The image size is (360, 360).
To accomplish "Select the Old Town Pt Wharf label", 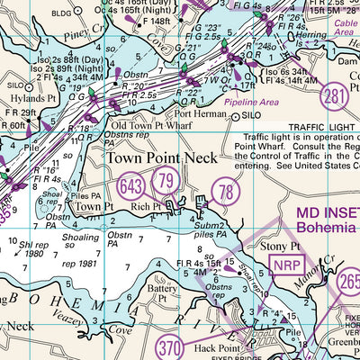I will tap(148, 125).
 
